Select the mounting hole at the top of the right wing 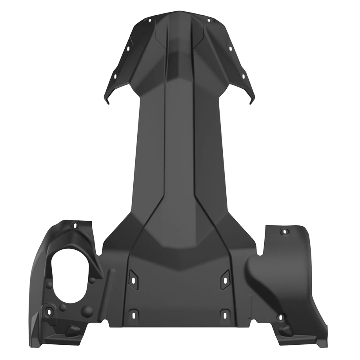(x=283, y=232)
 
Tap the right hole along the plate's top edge (x=209, y=20)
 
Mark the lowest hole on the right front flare (x=243, y=76)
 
